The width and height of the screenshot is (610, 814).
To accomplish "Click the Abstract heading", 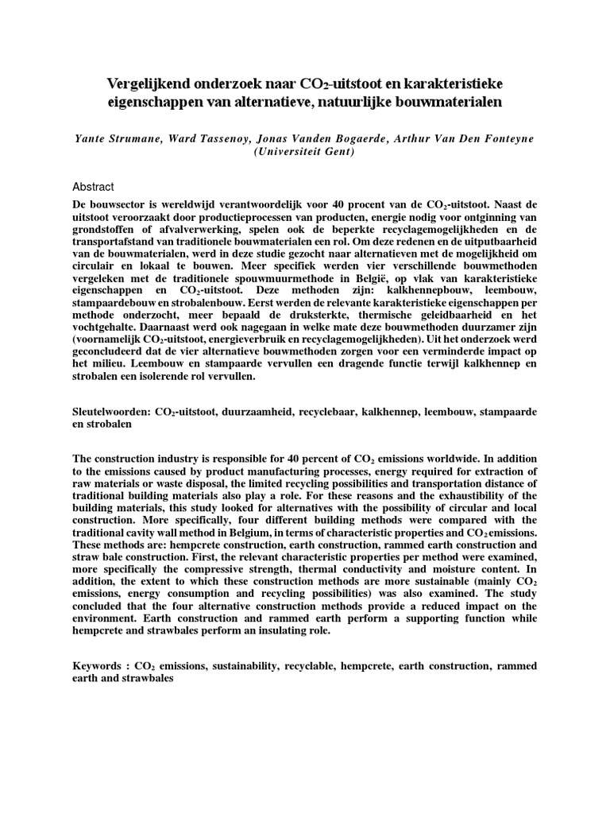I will point(93,186).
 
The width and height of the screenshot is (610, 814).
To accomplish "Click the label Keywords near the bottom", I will point(98,666).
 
